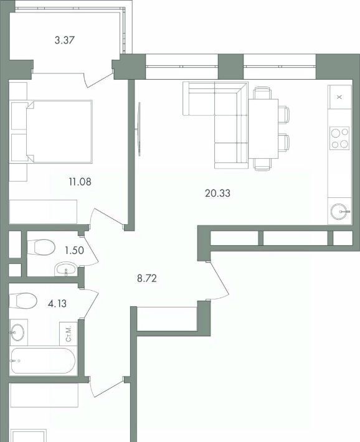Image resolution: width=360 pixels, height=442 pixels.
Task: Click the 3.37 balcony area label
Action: tap(65, 40)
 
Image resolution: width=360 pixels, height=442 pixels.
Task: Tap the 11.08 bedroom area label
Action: tap(80, 182)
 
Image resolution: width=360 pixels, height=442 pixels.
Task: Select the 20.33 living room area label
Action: tap(217, 194)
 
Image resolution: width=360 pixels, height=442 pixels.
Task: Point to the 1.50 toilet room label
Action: tap(74, 250)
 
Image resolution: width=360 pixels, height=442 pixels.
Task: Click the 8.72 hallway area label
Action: tap(147, 278)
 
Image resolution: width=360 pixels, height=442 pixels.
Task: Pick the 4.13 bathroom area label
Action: tap(57, 304)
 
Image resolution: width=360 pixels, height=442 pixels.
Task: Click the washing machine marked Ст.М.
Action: tap(69, 334)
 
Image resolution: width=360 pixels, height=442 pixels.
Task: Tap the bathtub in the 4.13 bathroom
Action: tap(43, 361)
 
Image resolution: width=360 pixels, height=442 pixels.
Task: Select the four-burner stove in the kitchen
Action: tap(339, 138)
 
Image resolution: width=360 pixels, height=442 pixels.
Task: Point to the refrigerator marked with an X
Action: tap(339, 97)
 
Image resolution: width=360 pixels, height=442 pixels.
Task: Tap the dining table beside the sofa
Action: tap(263, 128)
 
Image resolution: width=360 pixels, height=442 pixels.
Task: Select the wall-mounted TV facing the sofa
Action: tap(138, 129)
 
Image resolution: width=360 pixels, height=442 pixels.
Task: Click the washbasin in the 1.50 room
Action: tap(65, 269)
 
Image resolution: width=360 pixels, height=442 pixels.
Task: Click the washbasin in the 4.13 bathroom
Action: tap(18, 332)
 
